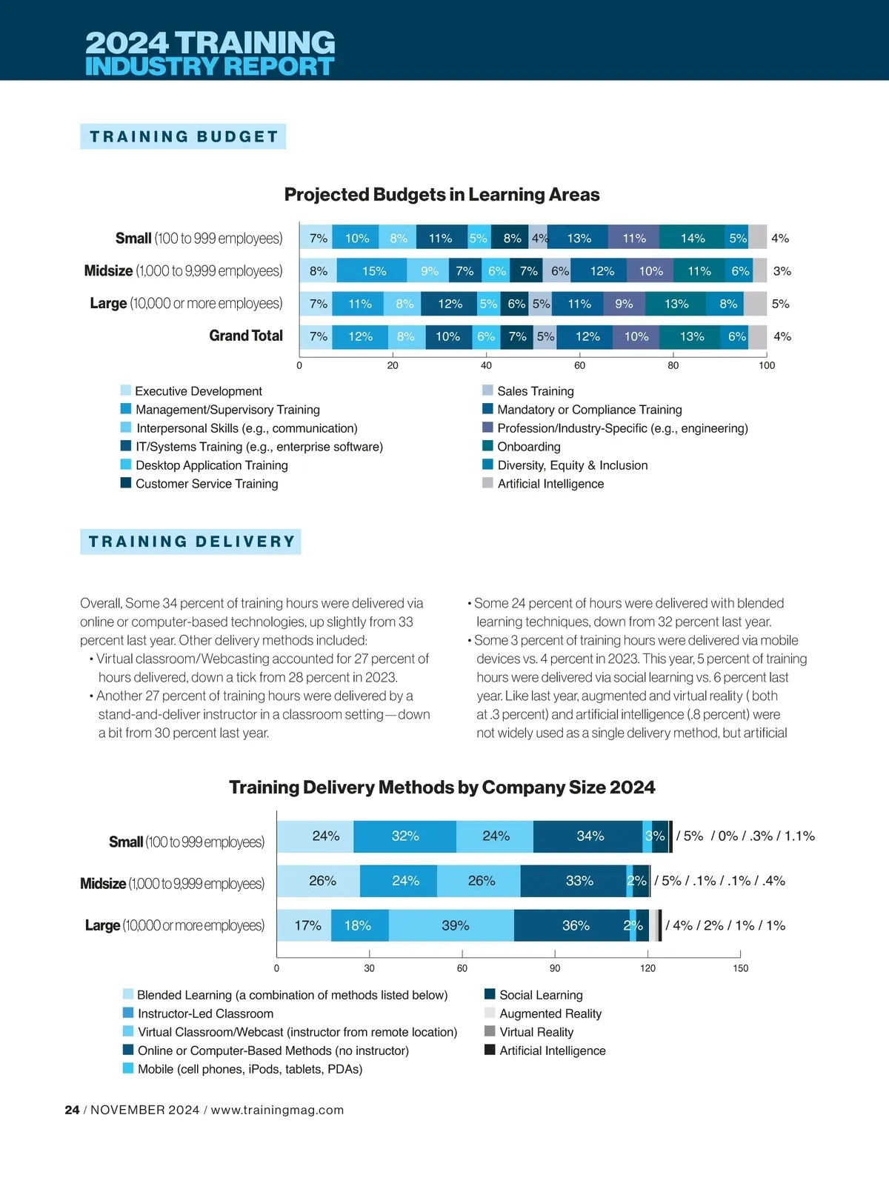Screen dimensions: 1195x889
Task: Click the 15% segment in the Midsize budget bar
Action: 373,271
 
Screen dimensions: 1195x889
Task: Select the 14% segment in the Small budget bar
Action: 692,239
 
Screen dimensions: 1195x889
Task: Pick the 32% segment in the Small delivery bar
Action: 405,836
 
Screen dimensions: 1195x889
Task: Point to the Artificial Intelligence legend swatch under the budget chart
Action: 487,483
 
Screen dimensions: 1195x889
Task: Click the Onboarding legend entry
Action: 528,447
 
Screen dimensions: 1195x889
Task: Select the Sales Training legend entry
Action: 535,391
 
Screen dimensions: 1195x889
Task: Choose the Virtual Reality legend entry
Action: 536,1032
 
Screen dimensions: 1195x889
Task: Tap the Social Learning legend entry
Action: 540,995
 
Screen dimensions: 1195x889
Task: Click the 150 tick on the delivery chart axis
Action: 740,968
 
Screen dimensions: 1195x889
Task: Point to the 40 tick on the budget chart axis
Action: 486,365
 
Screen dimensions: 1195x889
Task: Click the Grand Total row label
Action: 246,336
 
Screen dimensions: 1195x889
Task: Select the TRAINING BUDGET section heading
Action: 184,137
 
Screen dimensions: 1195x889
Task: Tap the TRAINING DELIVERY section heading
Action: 191,542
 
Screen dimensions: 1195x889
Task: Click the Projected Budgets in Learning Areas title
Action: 442,195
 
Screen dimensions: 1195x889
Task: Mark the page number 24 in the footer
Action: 72,1110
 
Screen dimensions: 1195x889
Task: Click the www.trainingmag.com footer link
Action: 277,1110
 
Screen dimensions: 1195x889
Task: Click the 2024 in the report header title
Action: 127,42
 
